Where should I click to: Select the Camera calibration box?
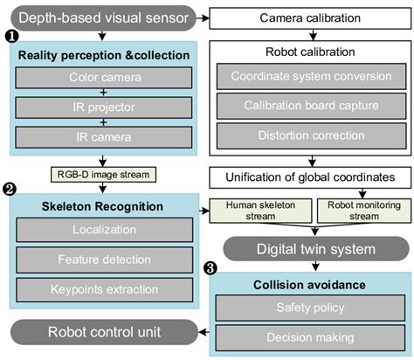pos(309,17)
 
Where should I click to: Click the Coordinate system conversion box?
pos(310,77)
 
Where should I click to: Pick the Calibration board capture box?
pos(310,107)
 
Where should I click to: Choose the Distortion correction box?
pos(310,137)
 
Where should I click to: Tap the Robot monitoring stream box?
pos(358,211)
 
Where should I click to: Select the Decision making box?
pos(311,336)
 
